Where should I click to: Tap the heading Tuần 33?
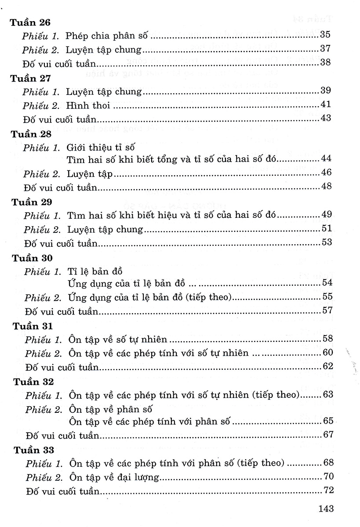(x=34, y=450)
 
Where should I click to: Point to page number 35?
(x=325, y=35)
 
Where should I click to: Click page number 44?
(x=326, y=159)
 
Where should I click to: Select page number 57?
(x=327, y=311)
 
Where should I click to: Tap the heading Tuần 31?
(x=33, y=327)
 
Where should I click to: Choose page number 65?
(x=329, y=421)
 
